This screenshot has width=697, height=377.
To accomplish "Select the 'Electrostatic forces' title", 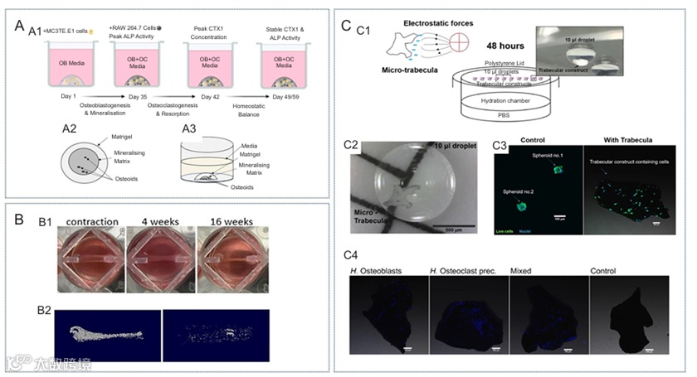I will (422, 18).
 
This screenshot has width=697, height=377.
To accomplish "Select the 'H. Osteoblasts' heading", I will (378, 270).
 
